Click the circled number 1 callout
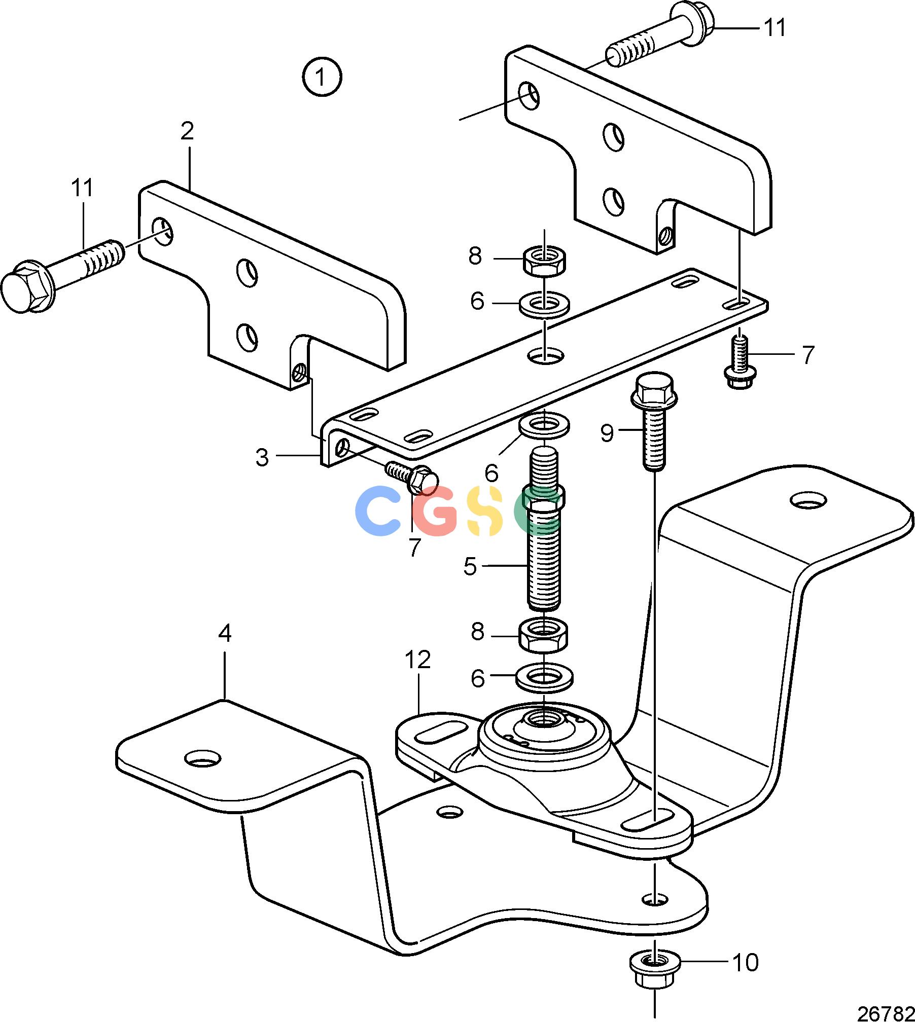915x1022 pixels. (322, 77)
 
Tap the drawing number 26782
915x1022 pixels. (886, 1012)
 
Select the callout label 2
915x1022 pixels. (187, 131)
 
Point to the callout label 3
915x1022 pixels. (262, 457)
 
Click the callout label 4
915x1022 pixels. (225, 633)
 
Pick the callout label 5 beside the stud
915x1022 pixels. (470, 566)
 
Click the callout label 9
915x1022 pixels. (607, 433)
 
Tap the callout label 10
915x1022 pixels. (746, 962)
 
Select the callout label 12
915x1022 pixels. (418, 660)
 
